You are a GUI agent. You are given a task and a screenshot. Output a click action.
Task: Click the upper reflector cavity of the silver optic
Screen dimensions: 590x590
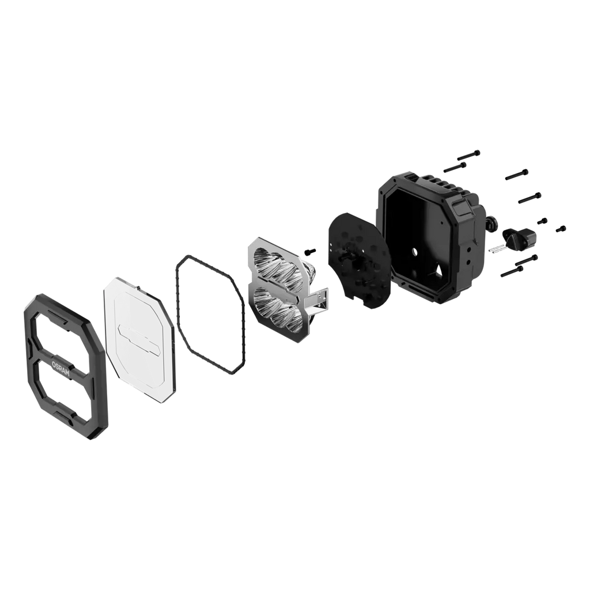(278, 270)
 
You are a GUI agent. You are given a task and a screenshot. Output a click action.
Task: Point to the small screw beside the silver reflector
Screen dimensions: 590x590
(311, 251)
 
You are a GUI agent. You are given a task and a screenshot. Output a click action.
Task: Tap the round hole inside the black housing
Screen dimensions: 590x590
(415, 251)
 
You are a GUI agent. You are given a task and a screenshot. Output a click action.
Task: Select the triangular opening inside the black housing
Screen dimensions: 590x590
(438, 269)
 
